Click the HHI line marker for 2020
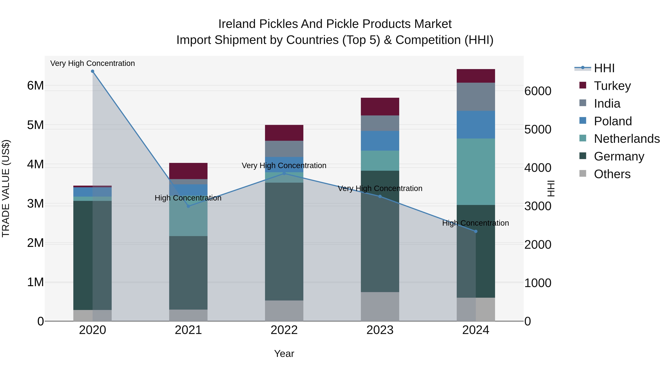(x=93, y=71)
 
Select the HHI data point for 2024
(x=476, y=231)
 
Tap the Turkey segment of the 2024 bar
(x=476, y=76)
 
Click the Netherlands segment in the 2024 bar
(x=476, y=172)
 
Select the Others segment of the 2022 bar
(x=284, y=311)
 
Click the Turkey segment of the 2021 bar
(x=188, y=171)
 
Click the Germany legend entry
(x=619, y=156)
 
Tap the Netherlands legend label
(x=627, y=139)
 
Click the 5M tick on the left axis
(x=36, y=125)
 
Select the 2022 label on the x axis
(x=284, y=330)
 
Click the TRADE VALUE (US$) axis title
(x=6, y=188)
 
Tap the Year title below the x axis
(x=284, y=354)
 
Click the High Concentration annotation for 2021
(x=188, y=198)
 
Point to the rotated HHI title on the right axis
(x=551, y=188)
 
